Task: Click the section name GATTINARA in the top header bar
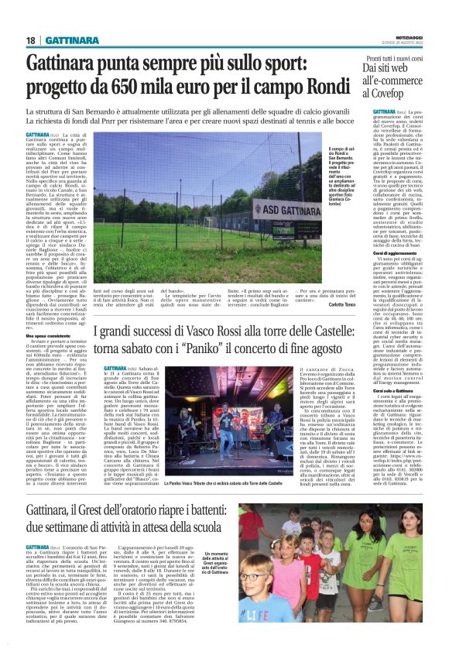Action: (x=69, y=40)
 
